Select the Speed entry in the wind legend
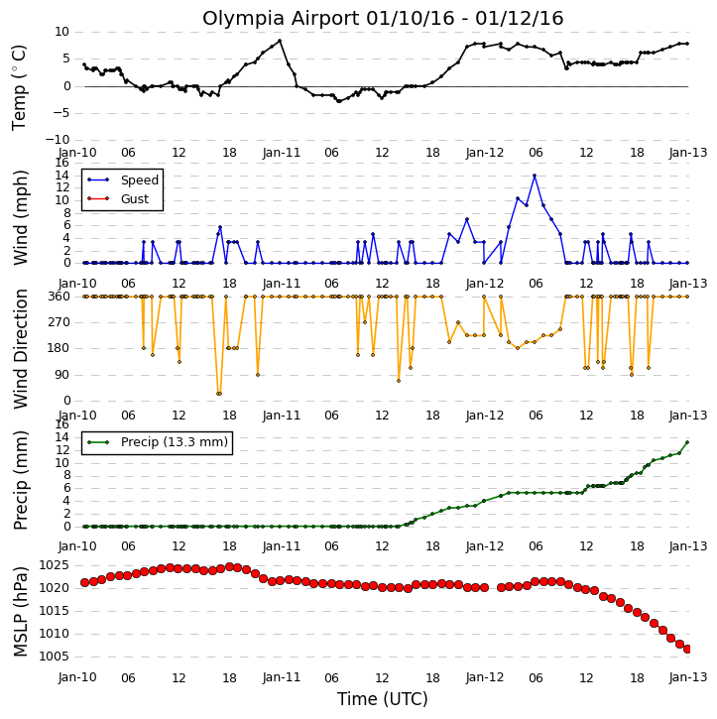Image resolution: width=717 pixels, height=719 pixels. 140,180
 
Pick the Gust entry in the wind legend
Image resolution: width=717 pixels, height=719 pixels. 135,199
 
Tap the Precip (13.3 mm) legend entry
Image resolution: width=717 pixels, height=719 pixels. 175,442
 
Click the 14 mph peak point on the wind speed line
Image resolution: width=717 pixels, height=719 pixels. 535,176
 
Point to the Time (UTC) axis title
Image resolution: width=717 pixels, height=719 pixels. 383,699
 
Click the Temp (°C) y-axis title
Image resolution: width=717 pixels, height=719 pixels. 19,87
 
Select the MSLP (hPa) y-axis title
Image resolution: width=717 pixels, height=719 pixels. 19,612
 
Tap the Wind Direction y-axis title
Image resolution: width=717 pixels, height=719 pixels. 20,348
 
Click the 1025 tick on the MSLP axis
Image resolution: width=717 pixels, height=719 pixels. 55,565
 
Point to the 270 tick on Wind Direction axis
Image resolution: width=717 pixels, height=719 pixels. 60,322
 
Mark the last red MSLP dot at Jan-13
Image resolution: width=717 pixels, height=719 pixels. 687,649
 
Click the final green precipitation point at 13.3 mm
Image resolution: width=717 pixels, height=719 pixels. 687,442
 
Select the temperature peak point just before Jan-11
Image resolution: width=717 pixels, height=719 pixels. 280,41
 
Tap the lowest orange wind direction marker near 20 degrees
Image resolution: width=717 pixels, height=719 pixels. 219,394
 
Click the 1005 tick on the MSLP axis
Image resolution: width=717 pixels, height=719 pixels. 55,657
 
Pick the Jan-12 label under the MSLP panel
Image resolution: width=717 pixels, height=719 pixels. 485,677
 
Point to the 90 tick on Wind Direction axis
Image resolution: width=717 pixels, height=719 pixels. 61,375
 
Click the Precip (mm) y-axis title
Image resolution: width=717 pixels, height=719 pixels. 20,481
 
